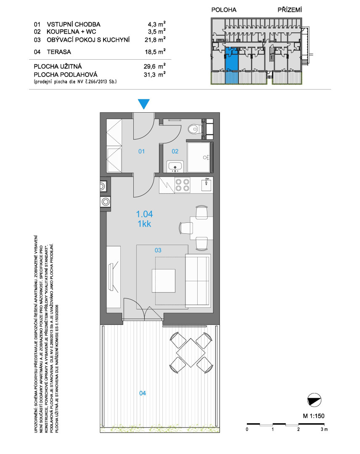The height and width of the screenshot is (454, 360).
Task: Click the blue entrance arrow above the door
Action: [x=144, y=103]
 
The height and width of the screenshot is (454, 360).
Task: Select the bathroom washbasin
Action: [x=175, y=167]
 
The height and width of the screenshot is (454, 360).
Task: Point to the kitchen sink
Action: [x=206, y=185]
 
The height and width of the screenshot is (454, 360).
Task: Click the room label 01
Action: [x=141, y=151]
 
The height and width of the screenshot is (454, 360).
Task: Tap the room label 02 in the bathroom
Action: [x=175, y=151]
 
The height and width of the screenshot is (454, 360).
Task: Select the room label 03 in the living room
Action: [x=158, y=250]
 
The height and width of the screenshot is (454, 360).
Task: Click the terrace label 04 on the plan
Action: [x=143, y=393]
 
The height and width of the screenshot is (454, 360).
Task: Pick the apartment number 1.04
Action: [x=145, y=214]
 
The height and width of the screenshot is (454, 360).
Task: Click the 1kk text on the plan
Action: [x=145, y=224]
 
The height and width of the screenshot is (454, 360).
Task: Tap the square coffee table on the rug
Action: [x=164, y=280]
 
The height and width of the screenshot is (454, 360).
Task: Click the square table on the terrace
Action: [x=191, y=352]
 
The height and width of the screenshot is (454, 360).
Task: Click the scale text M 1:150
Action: [x=314, y=416]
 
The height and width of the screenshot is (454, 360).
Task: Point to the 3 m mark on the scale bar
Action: [x=324, y=429]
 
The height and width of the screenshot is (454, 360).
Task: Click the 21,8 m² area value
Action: [x=155, y=40]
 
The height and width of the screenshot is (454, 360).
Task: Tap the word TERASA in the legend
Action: [x=59, y=52]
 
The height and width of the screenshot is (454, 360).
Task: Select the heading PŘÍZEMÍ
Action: [x=290, y=10]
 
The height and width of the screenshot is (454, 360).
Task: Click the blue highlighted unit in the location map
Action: [x=232, y=65]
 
